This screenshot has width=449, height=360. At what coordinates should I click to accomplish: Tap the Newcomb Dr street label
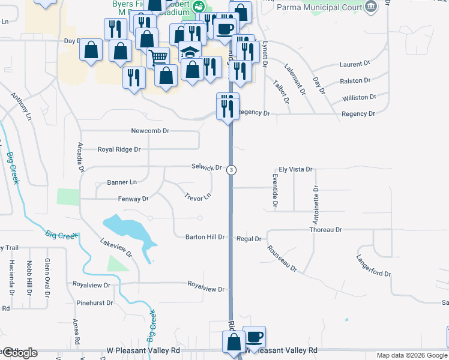(x=151, y=131)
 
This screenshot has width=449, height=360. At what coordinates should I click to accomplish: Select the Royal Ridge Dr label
(x=119, y=149)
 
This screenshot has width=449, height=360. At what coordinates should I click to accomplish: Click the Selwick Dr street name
(x=206, y=167)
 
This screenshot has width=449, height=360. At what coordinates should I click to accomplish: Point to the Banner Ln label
(x=122, y=182)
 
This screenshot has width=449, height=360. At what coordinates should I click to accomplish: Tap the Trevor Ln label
(x=197, y=196)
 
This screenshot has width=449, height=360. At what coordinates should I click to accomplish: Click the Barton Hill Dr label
(x=205, y=237)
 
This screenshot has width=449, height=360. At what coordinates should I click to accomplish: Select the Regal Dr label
(x=249, y=239)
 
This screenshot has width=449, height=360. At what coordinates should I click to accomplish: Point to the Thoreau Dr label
(x=325, y=230)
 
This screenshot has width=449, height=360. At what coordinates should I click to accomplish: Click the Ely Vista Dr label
(x=295, y=170)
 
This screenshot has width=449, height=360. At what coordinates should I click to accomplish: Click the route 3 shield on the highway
(x=231, y=170)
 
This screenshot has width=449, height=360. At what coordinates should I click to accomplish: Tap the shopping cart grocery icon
(x=157, y=58)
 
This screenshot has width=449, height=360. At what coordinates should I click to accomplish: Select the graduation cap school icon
(x=190, y=52)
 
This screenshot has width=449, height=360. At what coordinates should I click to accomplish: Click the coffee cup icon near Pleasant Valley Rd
(x=254, y=337)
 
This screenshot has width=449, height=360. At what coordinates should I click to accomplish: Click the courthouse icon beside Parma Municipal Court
(x=372, y=7)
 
